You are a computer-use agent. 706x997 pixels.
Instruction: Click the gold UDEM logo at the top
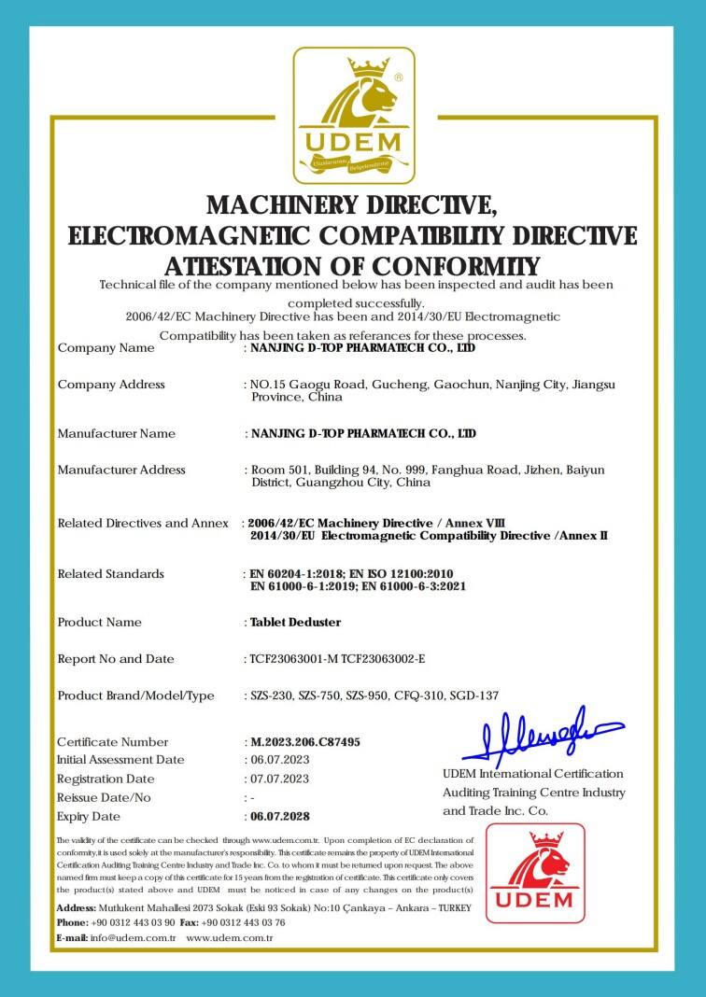[x=353, y=116]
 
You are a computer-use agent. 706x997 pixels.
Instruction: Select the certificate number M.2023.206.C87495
[x=305, y=742]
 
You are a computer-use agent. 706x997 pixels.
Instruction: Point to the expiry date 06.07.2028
[x=281, y=817]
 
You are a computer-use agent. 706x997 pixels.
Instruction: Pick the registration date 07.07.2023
[x=279, y=779]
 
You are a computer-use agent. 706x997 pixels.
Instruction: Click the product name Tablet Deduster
[x=296, y=622]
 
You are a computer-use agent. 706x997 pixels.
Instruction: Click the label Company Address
[x=111, y=385]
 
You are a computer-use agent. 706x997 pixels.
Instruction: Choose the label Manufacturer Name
[x=117, y=433]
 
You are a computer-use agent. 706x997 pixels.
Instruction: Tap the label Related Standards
[x=111, y=573]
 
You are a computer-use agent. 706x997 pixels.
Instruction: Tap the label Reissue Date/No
[x=104, y=798]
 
